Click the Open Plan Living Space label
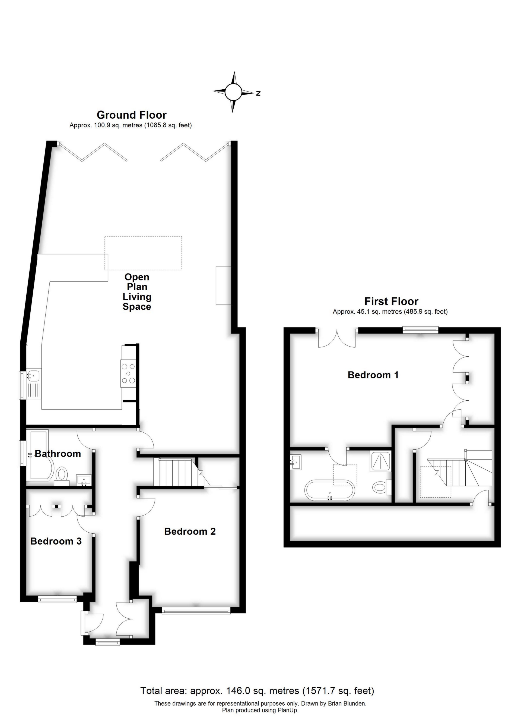(137, 291)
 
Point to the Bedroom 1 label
(373, 375)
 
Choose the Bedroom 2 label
(190, 532)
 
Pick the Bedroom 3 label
(56, 541)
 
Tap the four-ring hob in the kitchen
(128, 374)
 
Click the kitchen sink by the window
(33, 375)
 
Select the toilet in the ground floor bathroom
(62, 474)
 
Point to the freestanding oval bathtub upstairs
(329, 490)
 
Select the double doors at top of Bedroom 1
(337, 338)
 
